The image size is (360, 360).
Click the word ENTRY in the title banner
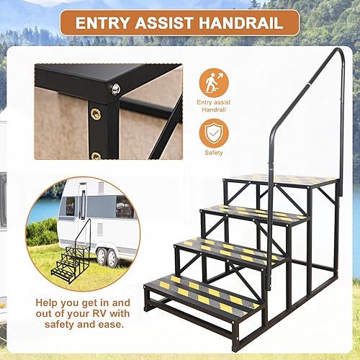(101, 22)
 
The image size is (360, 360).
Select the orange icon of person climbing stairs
(214, 83)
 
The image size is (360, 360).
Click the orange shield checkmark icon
(214, 132)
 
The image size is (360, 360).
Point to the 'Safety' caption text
(214, 153)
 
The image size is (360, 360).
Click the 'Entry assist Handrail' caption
(214, 107)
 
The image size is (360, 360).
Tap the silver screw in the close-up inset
(115, 89)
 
